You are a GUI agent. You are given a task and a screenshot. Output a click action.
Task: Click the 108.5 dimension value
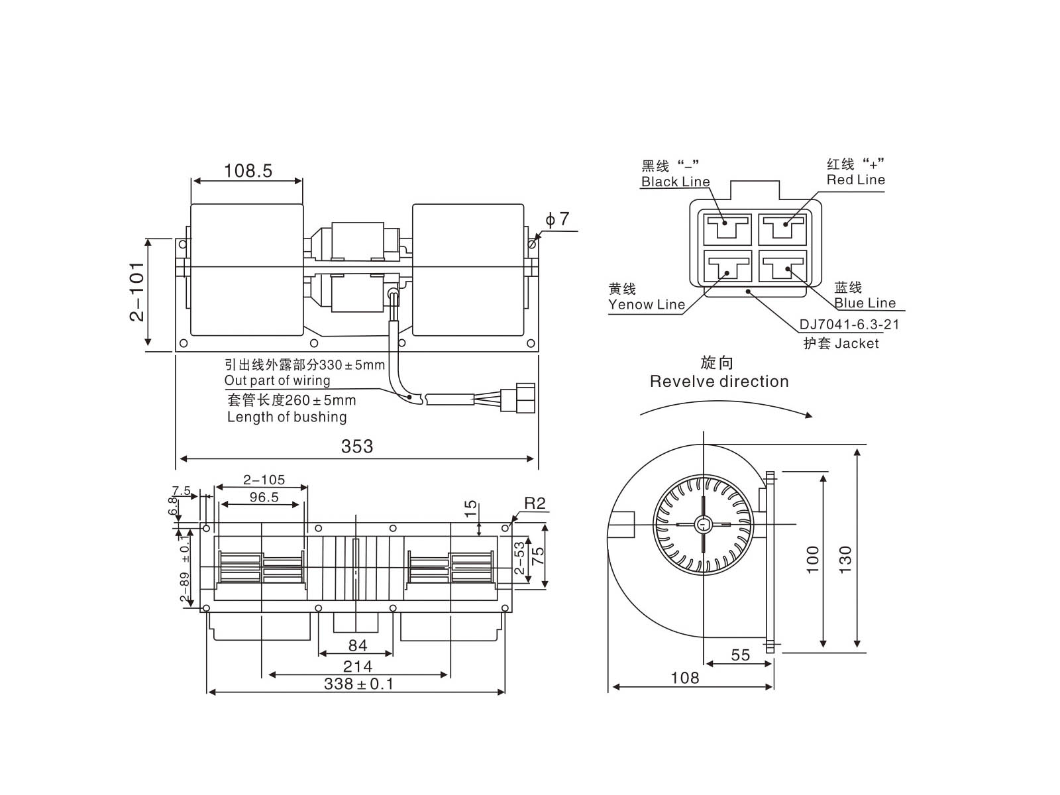click(248, 171)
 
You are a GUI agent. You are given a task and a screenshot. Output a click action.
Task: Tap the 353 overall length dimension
click(357, 447)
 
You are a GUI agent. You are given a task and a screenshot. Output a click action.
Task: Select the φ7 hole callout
click(557, 219)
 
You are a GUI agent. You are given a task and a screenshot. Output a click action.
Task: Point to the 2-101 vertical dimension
click(137, 291)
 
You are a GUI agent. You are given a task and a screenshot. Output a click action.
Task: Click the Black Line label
click(675, 182)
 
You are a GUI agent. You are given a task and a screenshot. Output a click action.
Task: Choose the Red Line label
click(855, 180)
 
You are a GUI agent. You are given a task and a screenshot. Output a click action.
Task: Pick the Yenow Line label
click(647, 305)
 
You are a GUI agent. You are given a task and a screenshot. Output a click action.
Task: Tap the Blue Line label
click(865, 303)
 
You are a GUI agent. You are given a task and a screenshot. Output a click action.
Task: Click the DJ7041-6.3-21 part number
click(849, 325)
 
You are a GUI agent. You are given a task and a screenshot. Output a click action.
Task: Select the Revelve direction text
click(719, 382)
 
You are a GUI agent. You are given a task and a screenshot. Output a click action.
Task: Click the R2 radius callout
click(535, 503)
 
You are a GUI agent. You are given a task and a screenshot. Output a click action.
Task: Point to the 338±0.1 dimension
click(358, 684)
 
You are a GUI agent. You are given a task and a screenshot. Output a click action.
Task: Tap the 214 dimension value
click(357, 666)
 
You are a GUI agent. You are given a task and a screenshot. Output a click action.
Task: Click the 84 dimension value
click(357, 645)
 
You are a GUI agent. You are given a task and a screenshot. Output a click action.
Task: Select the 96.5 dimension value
click(264, 498)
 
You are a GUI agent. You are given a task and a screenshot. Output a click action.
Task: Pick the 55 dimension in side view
click(740, 655)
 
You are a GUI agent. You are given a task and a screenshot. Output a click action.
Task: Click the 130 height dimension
click(845, 560)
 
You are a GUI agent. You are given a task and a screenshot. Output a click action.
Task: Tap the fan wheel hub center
click(703, 525)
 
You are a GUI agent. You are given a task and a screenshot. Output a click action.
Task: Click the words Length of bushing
click(287, 417)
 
